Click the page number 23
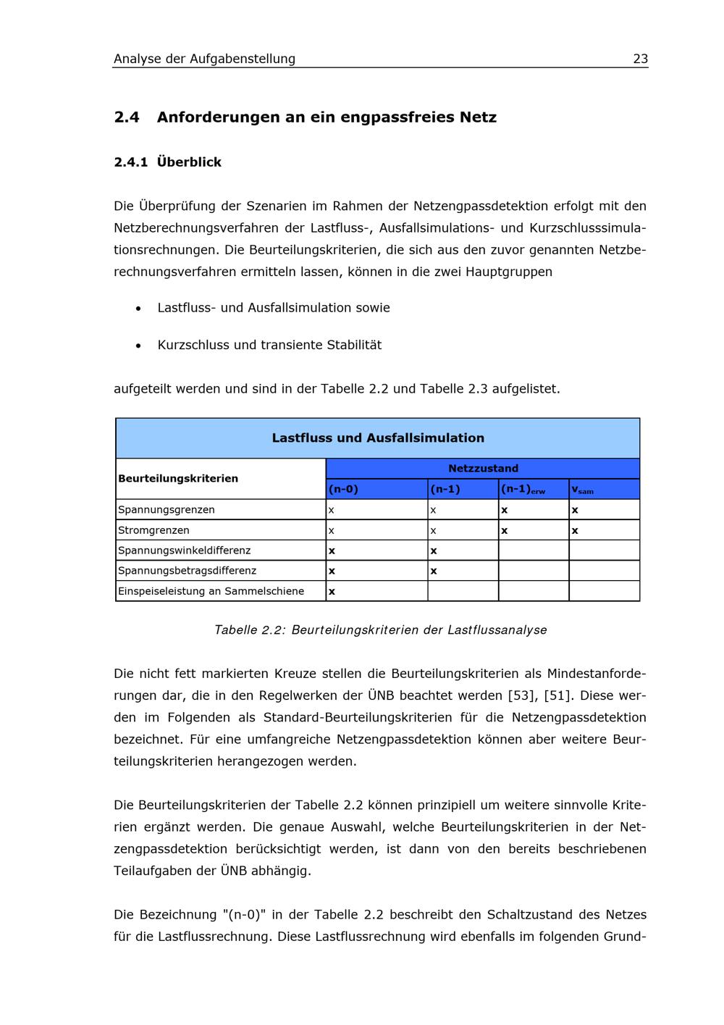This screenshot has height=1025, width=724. click(x=640, y=59)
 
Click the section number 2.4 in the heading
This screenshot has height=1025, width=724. click(x=127, y=117)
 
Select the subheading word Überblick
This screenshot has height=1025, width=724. click(x=189, y=162)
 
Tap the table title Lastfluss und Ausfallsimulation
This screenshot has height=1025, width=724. click(x=378, y=438)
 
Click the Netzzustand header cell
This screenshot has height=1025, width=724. click(x=483, y=469)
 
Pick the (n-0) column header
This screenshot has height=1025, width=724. click(x=344, y=489)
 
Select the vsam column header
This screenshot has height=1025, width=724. click(x=582, y=490)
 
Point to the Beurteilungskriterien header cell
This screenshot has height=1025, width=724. click(x=178, y=478)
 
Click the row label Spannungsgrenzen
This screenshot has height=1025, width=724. click(x=167, y=509)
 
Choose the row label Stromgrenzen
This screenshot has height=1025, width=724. click(x=153, y=530)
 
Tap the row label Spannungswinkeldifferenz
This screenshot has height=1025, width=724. click(x=185, y=551)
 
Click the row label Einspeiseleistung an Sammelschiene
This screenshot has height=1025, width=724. click(x=211, y=591)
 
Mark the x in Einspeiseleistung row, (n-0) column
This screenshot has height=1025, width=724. click(x=332, y=592)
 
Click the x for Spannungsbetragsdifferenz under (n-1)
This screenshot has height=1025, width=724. click(x=434, y=571)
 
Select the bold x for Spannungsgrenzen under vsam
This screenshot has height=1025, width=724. click(x=575, y=510)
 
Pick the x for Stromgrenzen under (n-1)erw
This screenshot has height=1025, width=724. click(x=505, y=530)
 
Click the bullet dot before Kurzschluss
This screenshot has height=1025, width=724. click(x=138, y=346)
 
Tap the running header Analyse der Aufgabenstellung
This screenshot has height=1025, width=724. click(x=204, y=59)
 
